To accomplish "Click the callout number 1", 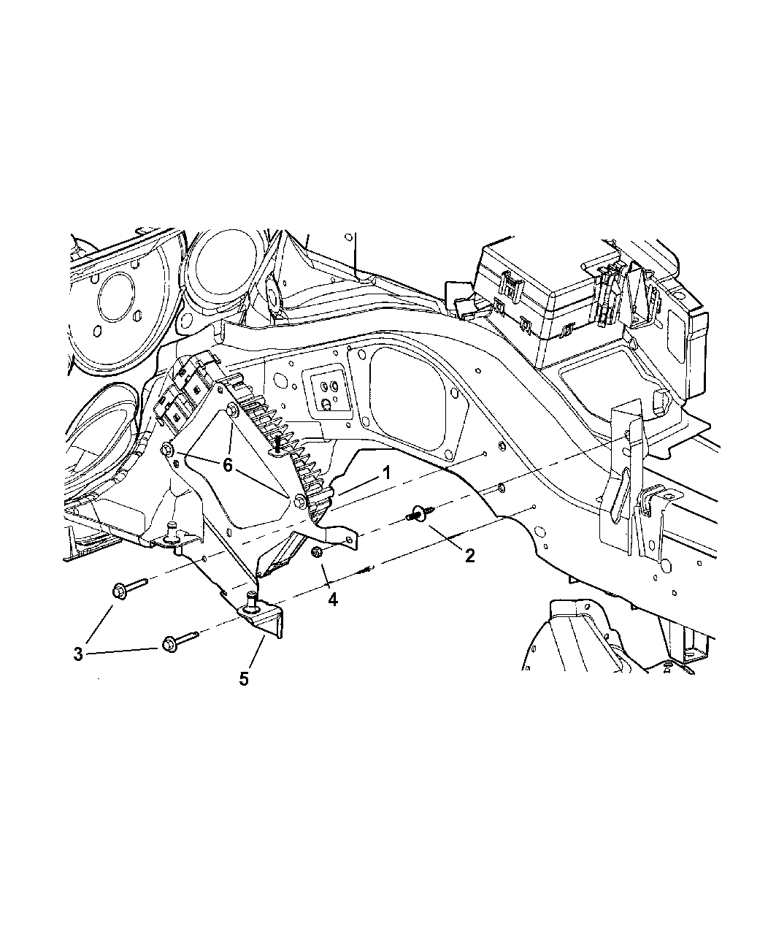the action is pos(386,472).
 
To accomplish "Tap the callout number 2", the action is pos(469,555).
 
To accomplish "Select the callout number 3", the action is pos(78,654).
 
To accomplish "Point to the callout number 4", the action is pos(332,600).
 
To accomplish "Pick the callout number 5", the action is pos(244,679).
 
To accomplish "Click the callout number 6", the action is pos(227,465).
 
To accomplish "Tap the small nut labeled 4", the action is pos(317,552).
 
